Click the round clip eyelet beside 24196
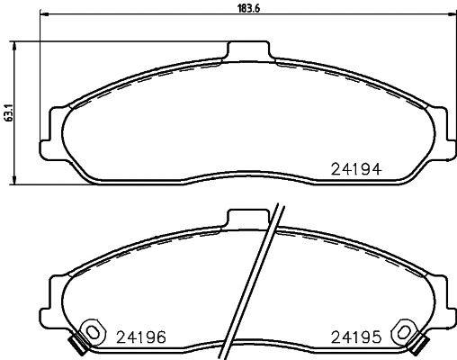coord(90,332)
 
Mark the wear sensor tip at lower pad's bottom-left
coord(76,345)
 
